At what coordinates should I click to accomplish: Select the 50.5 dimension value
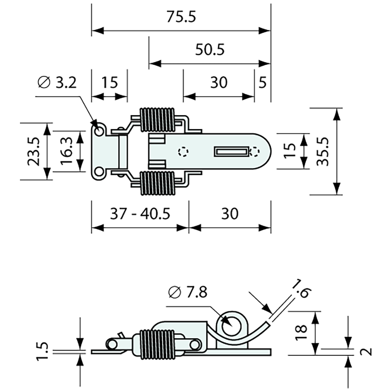point(210,50)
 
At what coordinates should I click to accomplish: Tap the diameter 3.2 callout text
point(57,83)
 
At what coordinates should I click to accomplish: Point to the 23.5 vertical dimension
point(34,152)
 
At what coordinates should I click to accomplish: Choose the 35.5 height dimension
point(323,151)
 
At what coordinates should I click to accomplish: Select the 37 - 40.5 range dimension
point(140,214)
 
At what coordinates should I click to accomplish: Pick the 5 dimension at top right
point(262,83)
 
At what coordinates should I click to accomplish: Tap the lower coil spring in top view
point(158,182)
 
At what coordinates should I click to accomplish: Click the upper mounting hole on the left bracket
point(99,131)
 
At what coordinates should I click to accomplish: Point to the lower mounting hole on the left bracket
point(99,172)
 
